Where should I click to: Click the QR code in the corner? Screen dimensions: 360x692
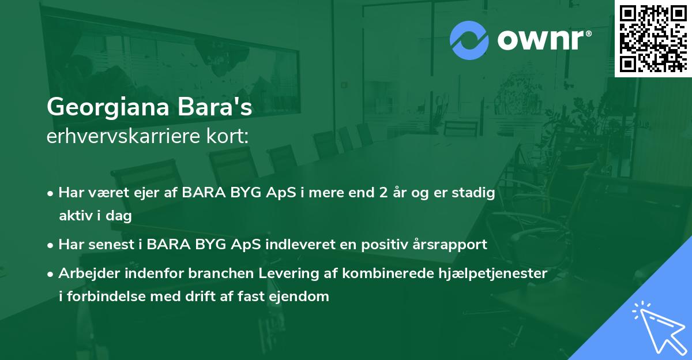(x=653, y=38)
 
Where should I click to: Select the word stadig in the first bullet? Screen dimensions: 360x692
(x=476, y=193)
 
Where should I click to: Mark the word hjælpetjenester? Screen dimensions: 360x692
(x=497, y=273)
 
